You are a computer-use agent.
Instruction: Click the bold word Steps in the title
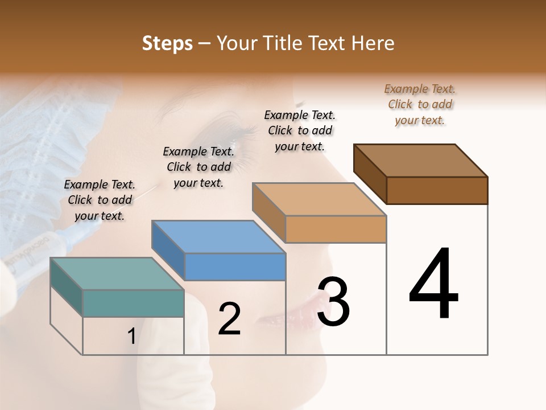pos(167,43)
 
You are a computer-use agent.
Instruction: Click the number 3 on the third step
pos(333,302)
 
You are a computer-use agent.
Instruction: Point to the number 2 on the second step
pos(229,319)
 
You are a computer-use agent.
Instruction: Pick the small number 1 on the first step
pos(131,337)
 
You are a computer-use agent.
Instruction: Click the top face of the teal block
pos(117,274)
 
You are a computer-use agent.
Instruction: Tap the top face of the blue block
pos(218,237)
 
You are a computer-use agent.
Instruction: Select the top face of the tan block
pos(319,199)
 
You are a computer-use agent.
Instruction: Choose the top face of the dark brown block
pos(421,161)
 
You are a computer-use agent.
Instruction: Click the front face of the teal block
pos(133,303)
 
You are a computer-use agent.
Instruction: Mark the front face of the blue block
pos(235,266)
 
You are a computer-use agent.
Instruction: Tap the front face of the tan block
pos(336,229)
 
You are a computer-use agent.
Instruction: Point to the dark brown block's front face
pos(437,190)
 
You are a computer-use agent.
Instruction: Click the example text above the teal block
pos(100,200)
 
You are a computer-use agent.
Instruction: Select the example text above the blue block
pos(198,167)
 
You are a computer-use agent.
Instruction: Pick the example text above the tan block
pos(300,130)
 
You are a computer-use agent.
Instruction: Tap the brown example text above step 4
pos(420,104)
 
